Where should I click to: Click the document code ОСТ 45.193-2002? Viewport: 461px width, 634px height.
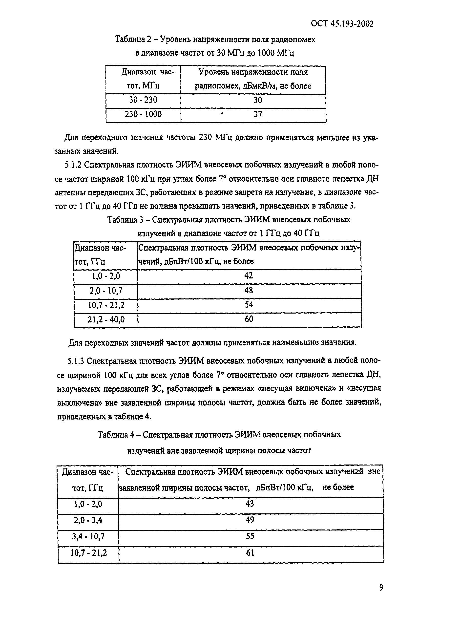[342, 24]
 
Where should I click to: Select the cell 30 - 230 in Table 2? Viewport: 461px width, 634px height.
[143, 100]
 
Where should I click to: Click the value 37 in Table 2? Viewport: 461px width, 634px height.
[257, 114]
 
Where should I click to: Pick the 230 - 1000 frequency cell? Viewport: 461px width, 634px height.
[143, 114]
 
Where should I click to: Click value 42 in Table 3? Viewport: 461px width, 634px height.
[249, 276]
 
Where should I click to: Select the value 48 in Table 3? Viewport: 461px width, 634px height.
[249, 291]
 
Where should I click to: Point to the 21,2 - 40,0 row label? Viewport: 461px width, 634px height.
[106, 319]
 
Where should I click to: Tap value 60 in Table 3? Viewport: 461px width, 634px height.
[249, 319]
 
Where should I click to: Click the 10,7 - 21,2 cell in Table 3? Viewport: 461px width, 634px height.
[106, 305]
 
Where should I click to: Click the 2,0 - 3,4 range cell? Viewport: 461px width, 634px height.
[88, 520]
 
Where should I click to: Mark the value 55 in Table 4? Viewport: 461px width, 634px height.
[250, 536]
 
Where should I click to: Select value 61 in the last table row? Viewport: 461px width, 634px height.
[250, 553]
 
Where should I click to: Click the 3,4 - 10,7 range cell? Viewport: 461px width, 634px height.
[88, 536]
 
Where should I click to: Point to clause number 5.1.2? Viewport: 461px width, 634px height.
[73, 165]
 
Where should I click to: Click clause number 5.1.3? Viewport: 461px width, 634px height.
[76, 361]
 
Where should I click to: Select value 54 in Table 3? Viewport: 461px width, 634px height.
[249, 305]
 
